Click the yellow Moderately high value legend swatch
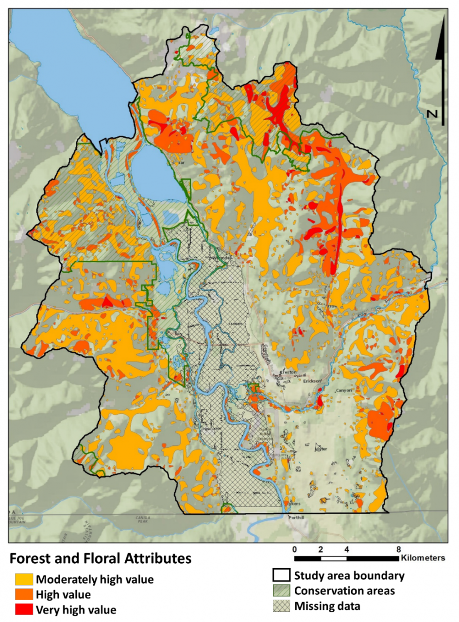[x=24, y=579]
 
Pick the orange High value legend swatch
[x=24, y=594]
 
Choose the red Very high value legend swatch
[x=24, y=608]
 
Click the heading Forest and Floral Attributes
[x=100, y=559]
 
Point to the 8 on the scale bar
[x=398, y=549]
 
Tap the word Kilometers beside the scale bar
[x=423, y=558]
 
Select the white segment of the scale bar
[x=334, y=558]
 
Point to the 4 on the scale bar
[x=346, y=549]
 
